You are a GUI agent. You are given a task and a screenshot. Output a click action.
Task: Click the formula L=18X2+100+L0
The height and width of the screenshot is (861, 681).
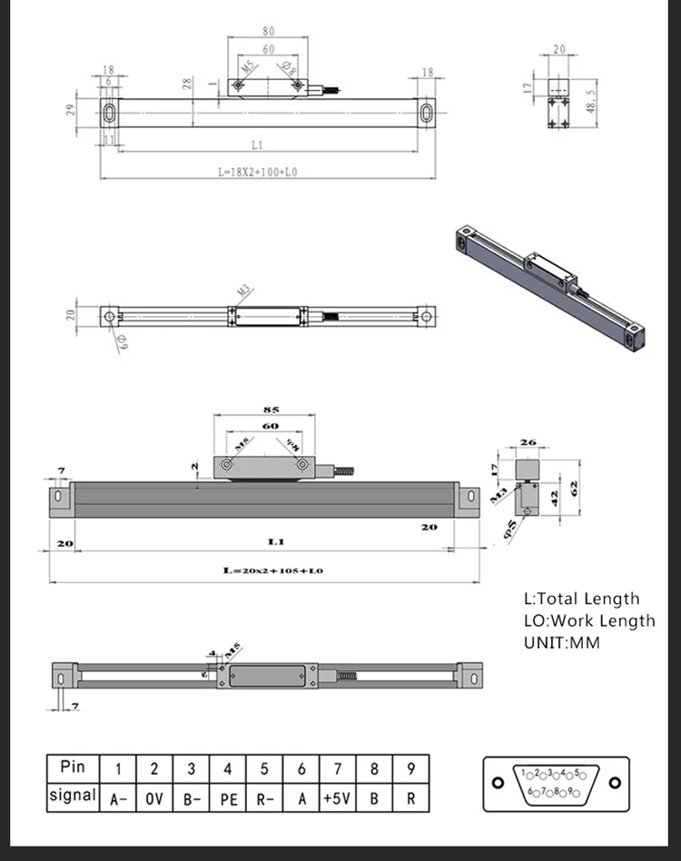point(258,171)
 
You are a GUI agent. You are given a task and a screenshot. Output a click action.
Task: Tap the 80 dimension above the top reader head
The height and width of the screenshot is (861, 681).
point(268,31)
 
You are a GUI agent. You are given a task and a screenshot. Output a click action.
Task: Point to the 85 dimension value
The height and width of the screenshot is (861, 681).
point(270,410)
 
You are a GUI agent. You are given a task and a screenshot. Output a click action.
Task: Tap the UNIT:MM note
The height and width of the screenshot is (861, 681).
point(562,642)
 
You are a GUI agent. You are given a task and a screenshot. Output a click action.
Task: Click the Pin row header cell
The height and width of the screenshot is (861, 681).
point(72,767)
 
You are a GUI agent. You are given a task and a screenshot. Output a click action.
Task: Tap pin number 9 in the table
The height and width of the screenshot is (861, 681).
point(410,767)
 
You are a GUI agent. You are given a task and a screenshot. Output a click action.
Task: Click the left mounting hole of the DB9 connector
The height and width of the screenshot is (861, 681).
point(497,783)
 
